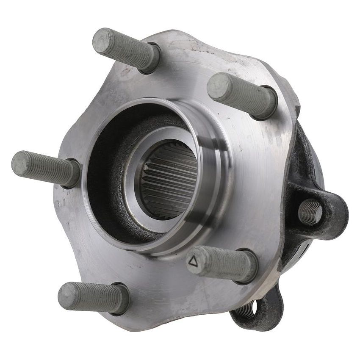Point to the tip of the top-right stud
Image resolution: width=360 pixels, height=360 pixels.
click(217, 86)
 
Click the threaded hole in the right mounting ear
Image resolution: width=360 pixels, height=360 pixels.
click(310, 212)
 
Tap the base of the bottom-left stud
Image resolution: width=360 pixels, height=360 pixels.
click(120, 299)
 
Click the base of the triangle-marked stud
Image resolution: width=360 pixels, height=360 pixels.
click(248, 266)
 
